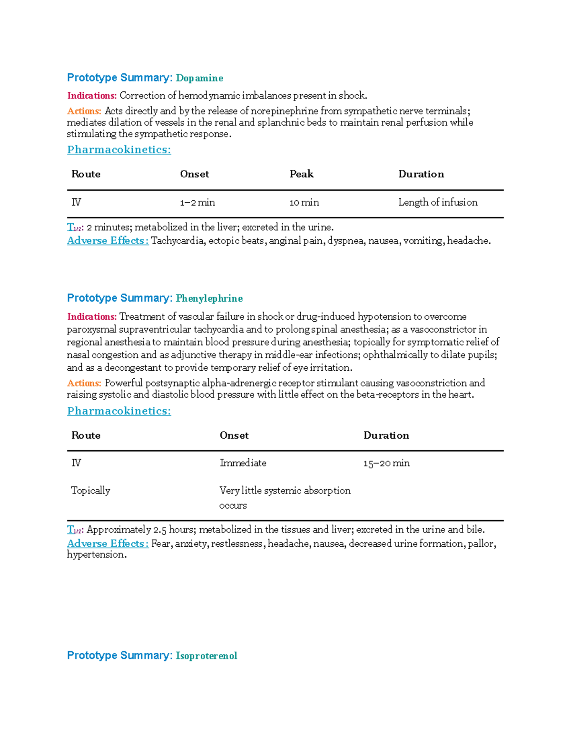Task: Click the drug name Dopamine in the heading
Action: [x=199, y=78]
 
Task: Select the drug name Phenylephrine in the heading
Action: [x=209, y=298]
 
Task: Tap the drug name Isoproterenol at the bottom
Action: [x=206, y=656]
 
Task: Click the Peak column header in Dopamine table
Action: [x=301, y=174]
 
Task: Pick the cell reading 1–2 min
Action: [x=197, y=203]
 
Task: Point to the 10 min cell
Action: [x=304, y=203]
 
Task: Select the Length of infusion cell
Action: [x=438, y=202]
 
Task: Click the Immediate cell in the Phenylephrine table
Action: [x=243, y=463]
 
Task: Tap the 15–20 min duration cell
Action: [x=386, y=463]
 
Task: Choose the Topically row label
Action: [x=90, y=491]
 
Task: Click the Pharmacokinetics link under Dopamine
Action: [x=119, y=150]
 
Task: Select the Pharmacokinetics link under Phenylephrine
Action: [x=119, y=411]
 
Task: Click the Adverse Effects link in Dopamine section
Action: [x=108, y=241]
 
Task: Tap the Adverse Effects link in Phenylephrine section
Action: [x=108, y=543]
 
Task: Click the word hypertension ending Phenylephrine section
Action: [x=96, y=555]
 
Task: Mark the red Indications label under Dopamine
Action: [x=92, y=96]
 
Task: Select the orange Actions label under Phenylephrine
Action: [x=84, y=383]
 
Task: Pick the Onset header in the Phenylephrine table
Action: [x=234, y=435]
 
